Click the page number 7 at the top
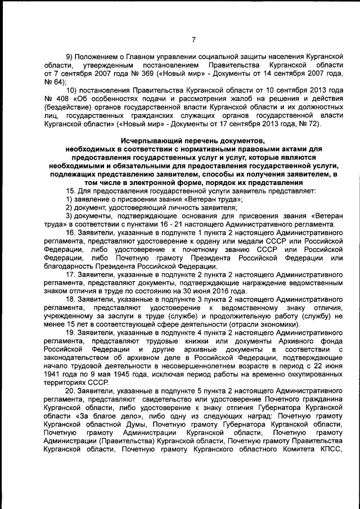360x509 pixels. coord(193,39)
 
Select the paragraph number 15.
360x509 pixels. coord(71,191)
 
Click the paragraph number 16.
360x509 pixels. coord(71,232)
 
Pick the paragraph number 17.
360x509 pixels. coord(71,274)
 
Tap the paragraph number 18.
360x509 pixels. coord(71,300)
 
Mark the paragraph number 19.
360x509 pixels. coord(71,334)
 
